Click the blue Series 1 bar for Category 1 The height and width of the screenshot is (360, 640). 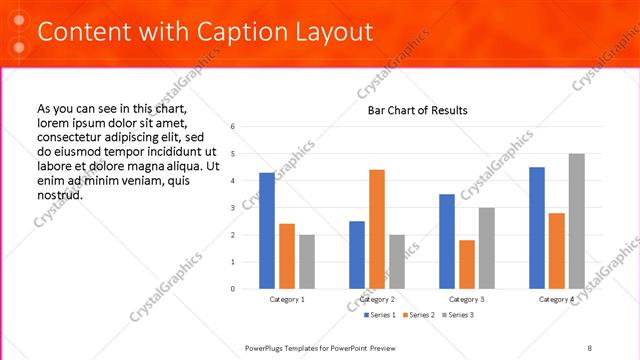coord(267,231)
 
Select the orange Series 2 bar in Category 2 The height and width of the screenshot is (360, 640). coord(376,229)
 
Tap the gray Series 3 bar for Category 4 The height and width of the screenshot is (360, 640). coord(576,221)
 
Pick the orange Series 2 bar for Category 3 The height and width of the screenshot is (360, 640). coord(467,264)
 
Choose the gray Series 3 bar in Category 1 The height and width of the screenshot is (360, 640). coord(306,262)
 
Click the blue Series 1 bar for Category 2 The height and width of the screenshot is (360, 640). coord(357,255)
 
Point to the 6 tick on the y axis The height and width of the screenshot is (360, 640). coord(232,127)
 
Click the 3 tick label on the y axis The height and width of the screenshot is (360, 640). coord(232,208)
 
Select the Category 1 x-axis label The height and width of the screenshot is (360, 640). coord(287,299)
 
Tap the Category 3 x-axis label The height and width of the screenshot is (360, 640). coord(467,299)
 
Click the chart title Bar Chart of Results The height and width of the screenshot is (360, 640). coord(411,110)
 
